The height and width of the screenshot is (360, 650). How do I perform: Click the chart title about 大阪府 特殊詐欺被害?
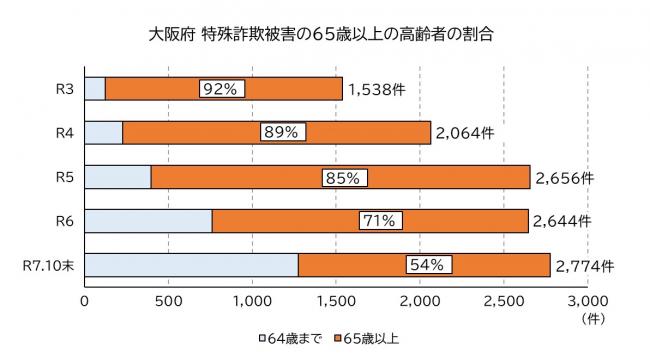coord(324,34)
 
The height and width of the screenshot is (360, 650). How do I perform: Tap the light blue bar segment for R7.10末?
coord(191,265)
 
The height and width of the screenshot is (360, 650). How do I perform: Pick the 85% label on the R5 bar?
coord(345,177)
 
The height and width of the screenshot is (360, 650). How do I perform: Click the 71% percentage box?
coord(380,221)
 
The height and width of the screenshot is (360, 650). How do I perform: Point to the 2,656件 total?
coord(565,178)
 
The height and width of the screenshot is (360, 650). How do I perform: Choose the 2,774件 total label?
coord(584,266)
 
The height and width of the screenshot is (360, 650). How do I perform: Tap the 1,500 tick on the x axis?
coord(336,300)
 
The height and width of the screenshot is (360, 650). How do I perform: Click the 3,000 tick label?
coord(587,300)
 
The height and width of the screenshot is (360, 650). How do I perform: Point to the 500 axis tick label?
coord(168,300)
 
